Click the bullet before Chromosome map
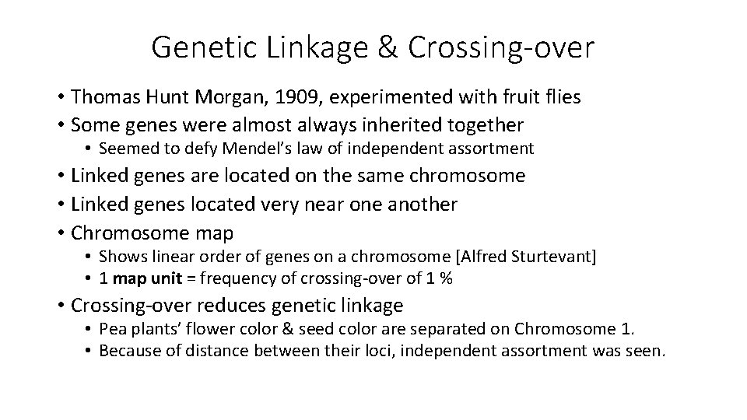(x=60, y=233)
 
